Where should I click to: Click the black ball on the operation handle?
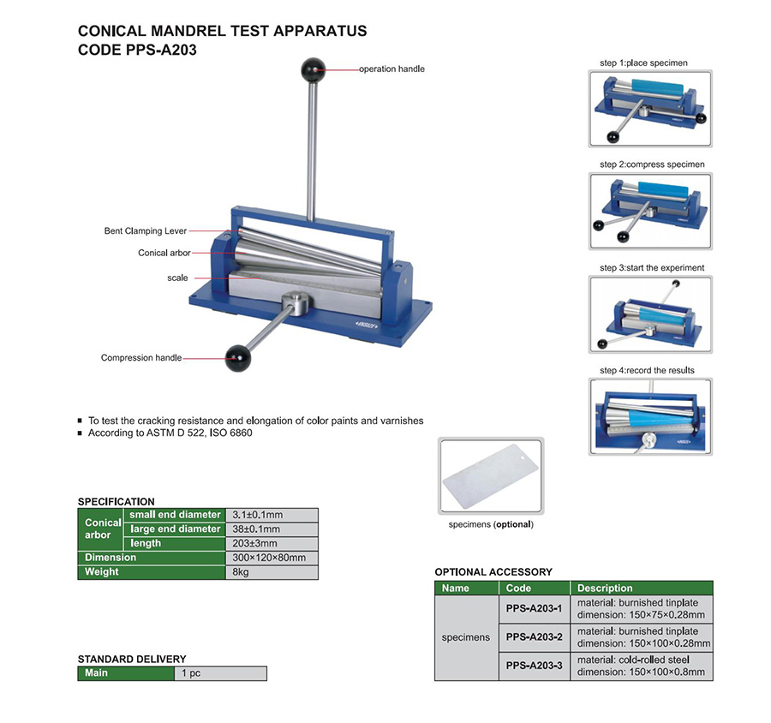click(x=313, y=68)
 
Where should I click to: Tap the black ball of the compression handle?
click(x=236, y=358)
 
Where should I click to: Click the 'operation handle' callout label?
click(x=391, y=69)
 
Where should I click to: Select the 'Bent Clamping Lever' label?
click(x=146, y=231)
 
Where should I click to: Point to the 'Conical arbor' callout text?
click(x=164, y=253)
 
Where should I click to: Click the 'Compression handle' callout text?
click(x=141, y=358)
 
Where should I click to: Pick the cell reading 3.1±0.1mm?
click(x=271, y=515)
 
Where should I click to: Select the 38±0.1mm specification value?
click(x=271, y=529)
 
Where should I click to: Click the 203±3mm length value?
click(x=271, y=543)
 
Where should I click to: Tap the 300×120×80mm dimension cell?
click(x=271, y=558)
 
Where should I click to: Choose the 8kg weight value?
click(x=271, y=572)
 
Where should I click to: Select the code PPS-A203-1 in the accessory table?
click(x=534, y=608)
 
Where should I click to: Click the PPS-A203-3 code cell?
click(x=534, y=666)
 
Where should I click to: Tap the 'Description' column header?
click(x=605, y=589)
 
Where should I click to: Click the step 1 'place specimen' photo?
click(x=650, y=108)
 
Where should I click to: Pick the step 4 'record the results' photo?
click(x=650, y=415)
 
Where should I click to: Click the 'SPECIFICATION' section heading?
click(x=117, y=502)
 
